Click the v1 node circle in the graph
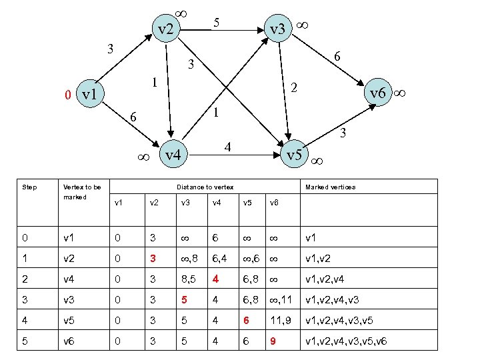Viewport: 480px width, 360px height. point(88,95)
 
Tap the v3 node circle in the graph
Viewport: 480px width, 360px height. point(276,29)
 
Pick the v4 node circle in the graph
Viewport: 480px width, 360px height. point(173,155)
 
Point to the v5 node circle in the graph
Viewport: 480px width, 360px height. point(293,155)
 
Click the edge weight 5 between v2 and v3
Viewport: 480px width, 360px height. point(216,22)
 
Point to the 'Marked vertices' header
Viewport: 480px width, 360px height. point(330,187)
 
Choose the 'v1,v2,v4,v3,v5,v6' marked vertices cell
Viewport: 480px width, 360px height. point(346,341)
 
